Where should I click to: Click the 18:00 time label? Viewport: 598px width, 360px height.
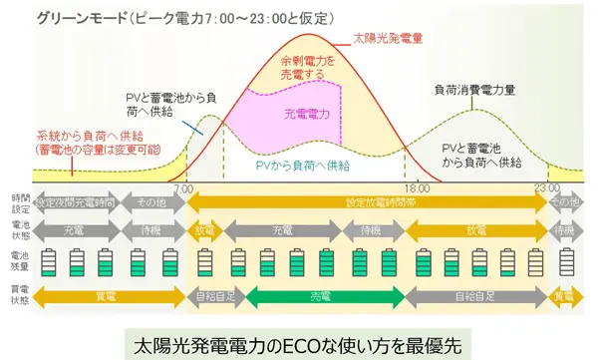click(x=418, y=186)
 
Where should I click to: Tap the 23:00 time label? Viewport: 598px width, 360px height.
click(x=545, y=186)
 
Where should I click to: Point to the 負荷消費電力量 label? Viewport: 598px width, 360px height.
click(x=474, y=89)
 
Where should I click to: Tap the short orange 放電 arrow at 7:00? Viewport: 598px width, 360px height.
click(x=205, y=228)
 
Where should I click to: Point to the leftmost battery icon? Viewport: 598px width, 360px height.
click(x=47, y=261)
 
